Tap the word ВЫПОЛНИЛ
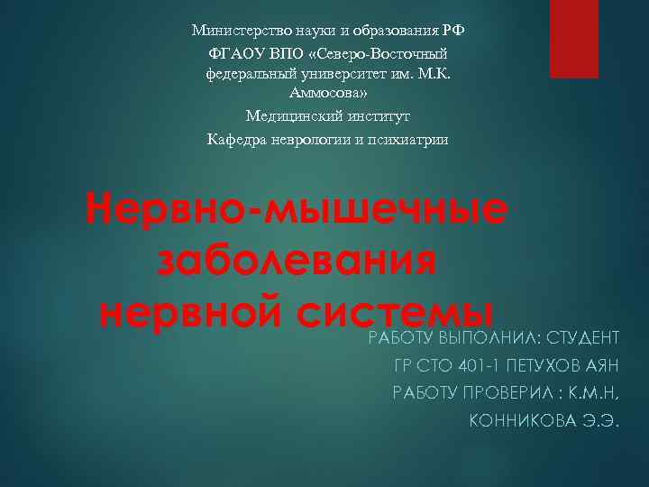tap(482, 339)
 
